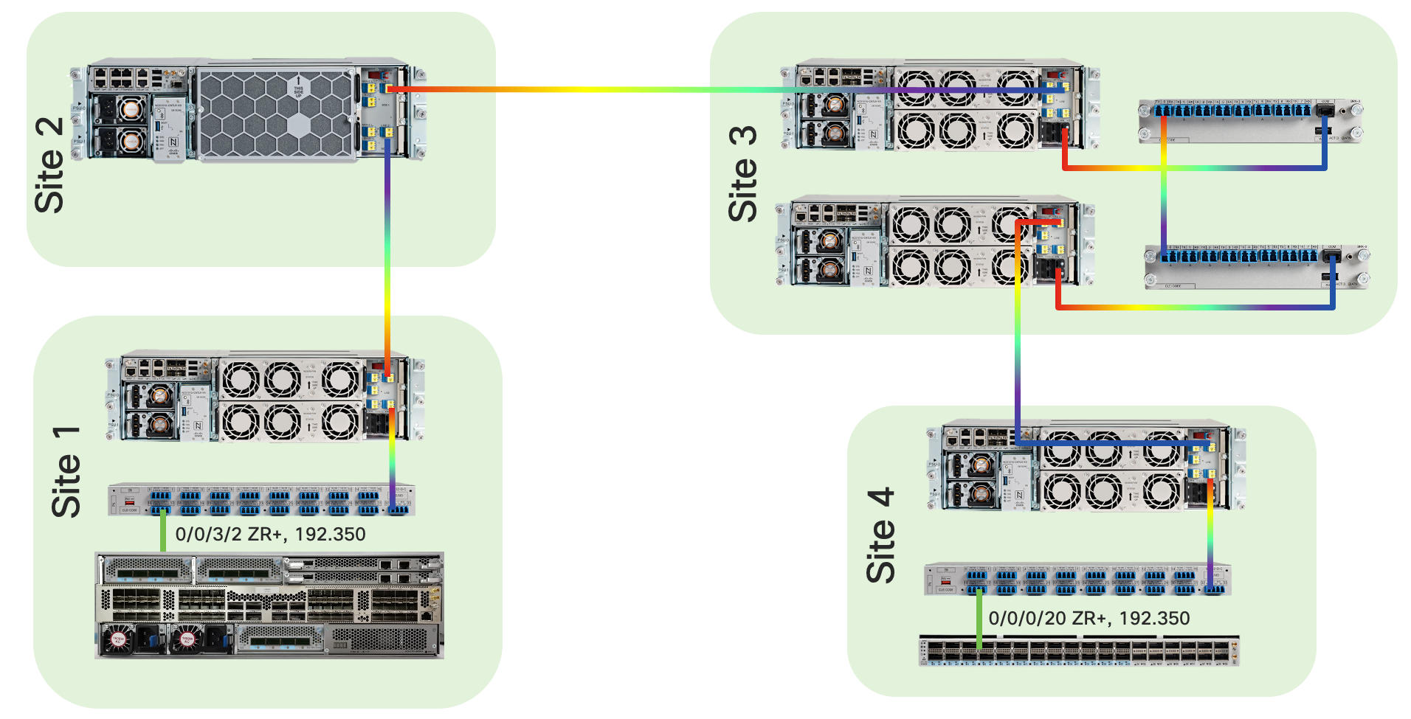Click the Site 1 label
tap(66, 472)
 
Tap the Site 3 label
tap(743, 174)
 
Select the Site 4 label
tap(881, 535)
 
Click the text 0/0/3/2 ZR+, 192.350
tap(270, 534)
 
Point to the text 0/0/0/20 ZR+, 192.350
tap(1089, 618)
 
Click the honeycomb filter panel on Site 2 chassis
tap(276, 114)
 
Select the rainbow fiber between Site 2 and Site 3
tap(590, 90)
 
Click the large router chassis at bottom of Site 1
tap(269, 605)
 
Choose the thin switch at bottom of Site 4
tap(1078, 651)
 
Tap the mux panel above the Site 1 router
tap(261, 500)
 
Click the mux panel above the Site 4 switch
tap(1077, 580)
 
